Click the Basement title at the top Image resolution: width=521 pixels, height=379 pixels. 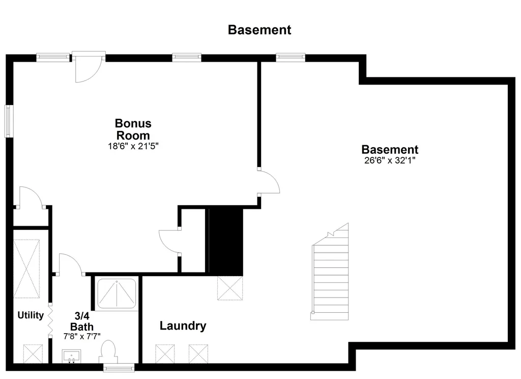click(259, 30)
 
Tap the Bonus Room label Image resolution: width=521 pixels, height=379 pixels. click(133, 129)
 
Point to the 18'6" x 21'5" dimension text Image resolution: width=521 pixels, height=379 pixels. click(133, 146)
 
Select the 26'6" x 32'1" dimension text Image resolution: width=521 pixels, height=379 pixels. click(390, 160)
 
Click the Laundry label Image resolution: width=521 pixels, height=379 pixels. click(183, 326)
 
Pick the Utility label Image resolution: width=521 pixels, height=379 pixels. click(31, 315)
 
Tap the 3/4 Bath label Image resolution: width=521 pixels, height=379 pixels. click(82, 321)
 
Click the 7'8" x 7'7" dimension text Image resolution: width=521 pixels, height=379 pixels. click(82, 336)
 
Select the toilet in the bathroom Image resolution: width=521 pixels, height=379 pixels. click(108, 352)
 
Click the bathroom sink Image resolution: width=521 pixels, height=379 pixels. click(71, 357)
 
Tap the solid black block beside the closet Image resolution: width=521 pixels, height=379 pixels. click(226, 242)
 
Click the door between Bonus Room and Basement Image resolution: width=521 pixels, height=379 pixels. click(269, 181)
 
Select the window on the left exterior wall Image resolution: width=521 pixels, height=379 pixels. click(9, 121)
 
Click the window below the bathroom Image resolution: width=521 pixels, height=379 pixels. click(119, 367)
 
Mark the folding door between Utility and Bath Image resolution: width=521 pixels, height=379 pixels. click(50, 320)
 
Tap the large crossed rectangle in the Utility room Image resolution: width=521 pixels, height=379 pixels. click(26, 268)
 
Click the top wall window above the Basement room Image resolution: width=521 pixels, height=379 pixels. click(291, 58)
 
